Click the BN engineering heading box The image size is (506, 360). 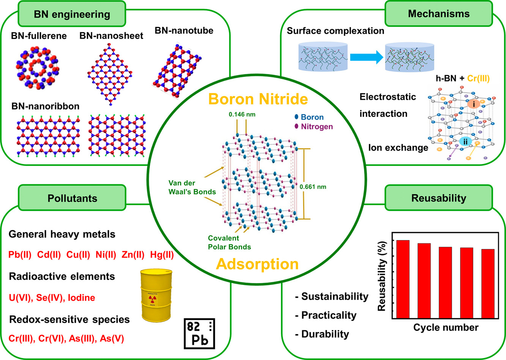click(72, 14)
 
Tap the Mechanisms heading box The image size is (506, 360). click(439, 14)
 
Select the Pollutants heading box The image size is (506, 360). click(72, 198)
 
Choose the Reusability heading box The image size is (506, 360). click(439, 198)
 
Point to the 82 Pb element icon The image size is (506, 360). click(199, 333)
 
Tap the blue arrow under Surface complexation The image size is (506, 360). click(366, 57)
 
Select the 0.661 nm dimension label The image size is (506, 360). click(313, 187)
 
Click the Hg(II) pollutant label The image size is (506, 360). click(162, 255)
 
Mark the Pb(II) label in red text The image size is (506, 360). click(20, 255)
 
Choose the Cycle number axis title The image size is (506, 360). click(446, 327)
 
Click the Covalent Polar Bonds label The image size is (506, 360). click(229, 242)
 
